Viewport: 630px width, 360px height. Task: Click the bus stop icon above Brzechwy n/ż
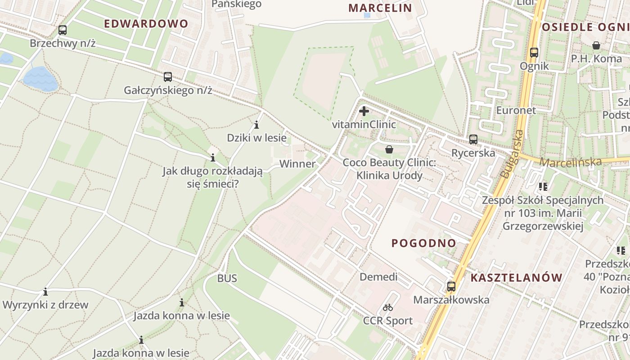pyautogui.click(x=63, y=30)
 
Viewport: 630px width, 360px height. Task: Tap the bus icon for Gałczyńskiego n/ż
pyautogui.click(x=168, y=77)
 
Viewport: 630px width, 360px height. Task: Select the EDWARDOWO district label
pyautogui.click(x=146, y=24)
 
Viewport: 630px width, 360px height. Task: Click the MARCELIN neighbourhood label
pyautogui.click(x=380, y=8)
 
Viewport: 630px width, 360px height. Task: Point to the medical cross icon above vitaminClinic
pyautogui.click(x=364, y=111)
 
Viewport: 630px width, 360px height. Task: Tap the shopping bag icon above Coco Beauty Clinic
pyautogui.click(x=389, y=149)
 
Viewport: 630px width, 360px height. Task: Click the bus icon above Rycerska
pyautogui.click(x=473, y=139)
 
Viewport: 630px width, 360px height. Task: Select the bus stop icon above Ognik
pyautogui.click(x=534, y=53)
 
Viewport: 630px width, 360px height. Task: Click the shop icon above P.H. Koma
pyautogui.click(x=596, y=45)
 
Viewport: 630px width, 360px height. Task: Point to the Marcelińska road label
pyautogui.click(x=570, y=162)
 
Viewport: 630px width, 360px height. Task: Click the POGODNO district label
pyautogui.click(x=424, y=243)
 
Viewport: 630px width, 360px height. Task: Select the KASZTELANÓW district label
pyautogui.click(x=517, y=278)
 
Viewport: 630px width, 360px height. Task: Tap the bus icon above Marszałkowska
pyautogui.click(x=451, y=286)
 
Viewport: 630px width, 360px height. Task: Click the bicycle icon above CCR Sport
pyautogui.click(x=388, y=308)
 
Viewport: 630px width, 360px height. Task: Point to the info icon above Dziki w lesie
pyautogui.click(x=256, y=125)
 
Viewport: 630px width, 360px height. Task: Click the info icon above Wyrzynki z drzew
pyautogui.click(x=45, y=292)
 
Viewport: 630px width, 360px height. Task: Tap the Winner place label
pyautogui.click(x=297, y=164)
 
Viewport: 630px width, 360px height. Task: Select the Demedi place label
pyautogui.click(x=378, y=277)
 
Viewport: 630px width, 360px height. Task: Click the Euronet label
pyautogui.click(x=516, y=110)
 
